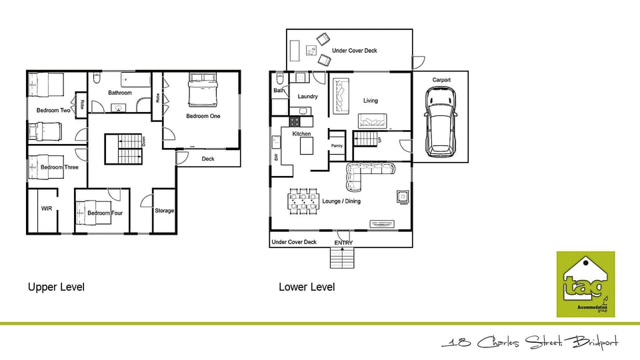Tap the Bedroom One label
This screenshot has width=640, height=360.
click(x=203, y=116)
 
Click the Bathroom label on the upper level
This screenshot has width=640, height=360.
click(x=120, y=93)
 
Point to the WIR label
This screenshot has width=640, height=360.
click(x=47, y=209)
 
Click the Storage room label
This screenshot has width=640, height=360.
click(x=164, y=211)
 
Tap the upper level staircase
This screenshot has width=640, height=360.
click(x=123, y=148)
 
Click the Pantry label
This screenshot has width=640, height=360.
click(x=337, y=146)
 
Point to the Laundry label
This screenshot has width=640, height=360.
click(x=307, y=97)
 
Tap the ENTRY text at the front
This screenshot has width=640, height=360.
click(x=343, y=243)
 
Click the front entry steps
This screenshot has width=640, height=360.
click(x=342, y=258)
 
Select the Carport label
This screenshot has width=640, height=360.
click(x=441, y=80)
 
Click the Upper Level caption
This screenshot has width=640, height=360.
click(x=56, y=287)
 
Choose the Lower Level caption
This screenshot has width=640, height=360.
click(x=307, y=287)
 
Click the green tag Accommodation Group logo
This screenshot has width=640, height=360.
click(x=585, y=285)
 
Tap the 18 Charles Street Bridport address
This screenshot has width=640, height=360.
click(x=530, y=343)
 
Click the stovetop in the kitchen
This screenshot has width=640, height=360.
click(x=295, y=122)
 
